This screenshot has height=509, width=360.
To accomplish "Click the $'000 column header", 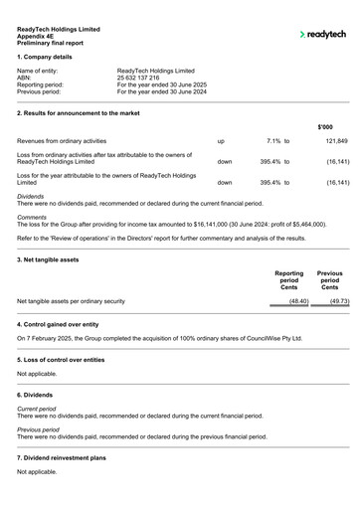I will click(324, 127).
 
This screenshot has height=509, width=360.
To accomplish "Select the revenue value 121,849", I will click(336, 142).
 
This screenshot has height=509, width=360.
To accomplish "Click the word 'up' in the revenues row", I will click(221, 142).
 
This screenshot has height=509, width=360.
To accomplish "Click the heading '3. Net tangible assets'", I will click(49, 259).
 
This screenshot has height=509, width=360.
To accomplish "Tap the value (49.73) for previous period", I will click(337, 300).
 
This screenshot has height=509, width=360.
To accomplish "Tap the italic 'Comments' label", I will click(32, 217).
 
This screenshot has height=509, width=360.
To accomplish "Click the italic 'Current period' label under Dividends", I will click(37, 409).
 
